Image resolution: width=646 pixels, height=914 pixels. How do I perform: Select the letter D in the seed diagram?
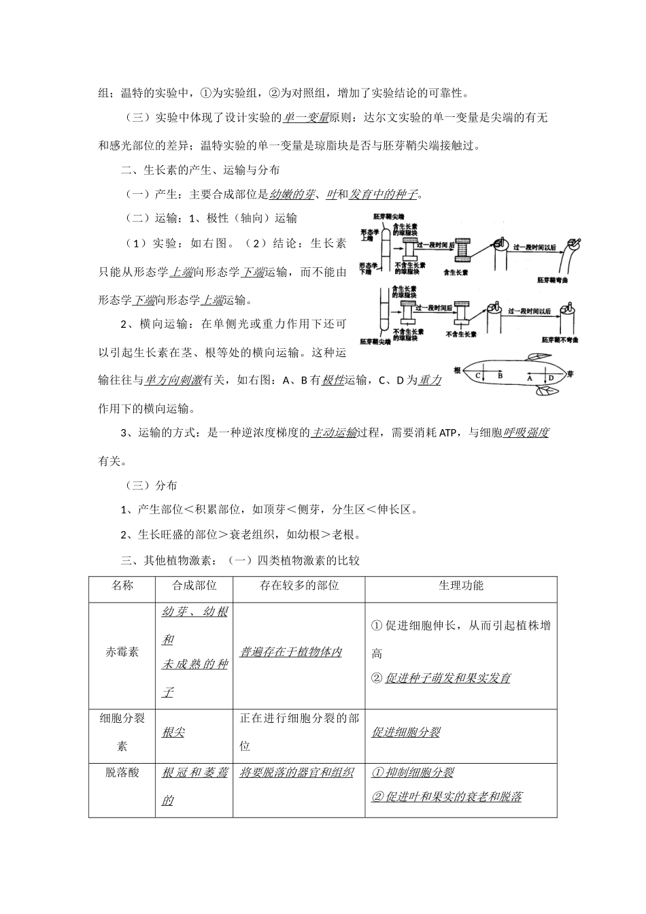tap(551, 377)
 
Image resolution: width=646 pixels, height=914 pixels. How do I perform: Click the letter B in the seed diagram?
tap(500, 375)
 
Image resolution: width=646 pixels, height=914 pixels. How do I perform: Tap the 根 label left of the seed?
tap(457, 369)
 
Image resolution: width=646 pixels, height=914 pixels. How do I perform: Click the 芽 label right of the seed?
tap(571, 373)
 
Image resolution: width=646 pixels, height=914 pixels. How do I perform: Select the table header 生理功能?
tap(461, 585)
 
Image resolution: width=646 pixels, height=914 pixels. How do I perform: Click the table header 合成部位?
tap(194, 585)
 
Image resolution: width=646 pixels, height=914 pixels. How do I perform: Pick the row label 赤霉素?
tap(122, 651)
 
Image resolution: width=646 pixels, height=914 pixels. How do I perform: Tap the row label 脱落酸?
tap(122, 773)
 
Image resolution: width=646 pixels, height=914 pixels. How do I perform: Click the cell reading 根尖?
tap(173, 732)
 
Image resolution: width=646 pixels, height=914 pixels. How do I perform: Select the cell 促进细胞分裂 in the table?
tap(405, 732)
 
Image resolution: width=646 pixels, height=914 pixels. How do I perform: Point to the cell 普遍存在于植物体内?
tap(290, 651)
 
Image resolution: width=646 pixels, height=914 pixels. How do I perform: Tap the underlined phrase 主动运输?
tap(334, 433)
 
